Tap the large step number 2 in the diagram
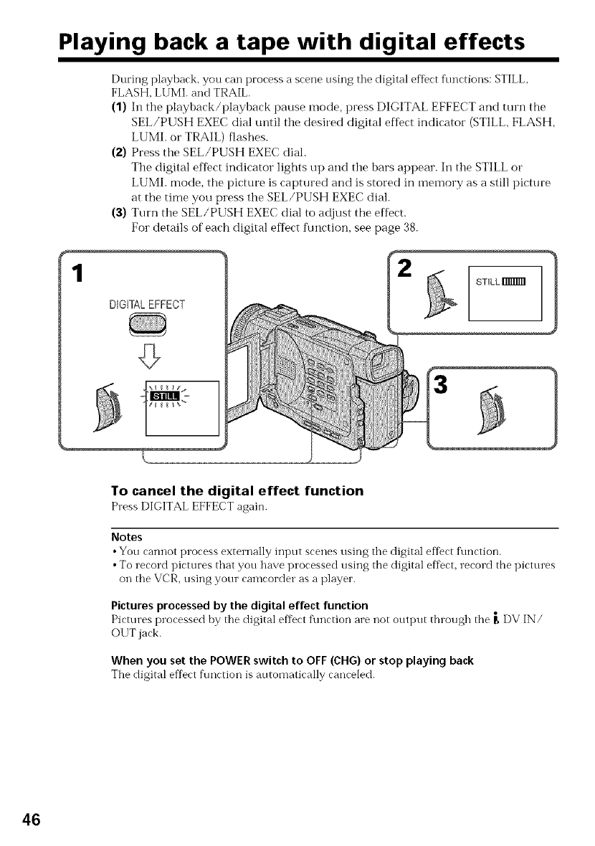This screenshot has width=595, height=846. click(x=406, y=270)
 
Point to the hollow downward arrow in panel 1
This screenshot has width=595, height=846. click(x=149, y=353)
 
